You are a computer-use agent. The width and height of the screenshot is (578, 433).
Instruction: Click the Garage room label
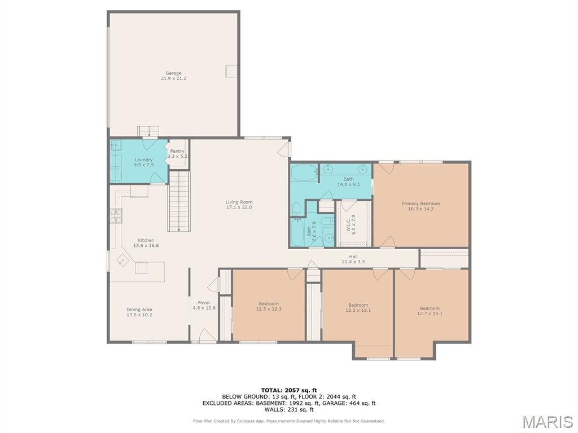pyautogui.click(x=173, y=73)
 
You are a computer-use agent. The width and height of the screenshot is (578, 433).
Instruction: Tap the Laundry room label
pyautogui.click(x=143, y=160)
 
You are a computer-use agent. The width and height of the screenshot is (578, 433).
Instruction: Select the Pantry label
pyautogui.click(x=177, y=151)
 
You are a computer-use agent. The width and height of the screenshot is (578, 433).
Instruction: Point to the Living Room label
pyautogui.click(x=239, y=202)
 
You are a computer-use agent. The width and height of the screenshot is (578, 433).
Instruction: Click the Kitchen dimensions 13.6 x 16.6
pyautogui.click(x=146, y=246)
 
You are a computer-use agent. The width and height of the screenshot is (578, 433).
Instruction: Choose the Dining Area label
pyautogui.click(x=139, y=310)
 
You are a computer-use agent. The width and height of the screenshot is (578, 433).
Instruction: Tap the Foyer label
pyautogui.click(x=204, y=303)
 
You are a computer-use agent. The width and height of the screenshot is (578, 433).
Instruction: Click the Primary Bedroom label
pyautogui.click(x=421, y=204)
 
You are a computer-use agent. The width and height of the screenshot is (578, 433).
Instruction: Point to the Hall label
pyautogui.click(x=353, y=257)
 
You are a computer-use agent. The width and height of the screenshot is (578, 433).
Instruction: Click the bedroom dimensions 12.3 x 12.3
pyautogui.click(x=269, y=309)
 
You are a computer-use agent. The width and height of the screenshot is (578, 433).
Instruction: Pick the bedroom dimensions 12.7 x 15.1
pyautogui.click(x=430, y=313)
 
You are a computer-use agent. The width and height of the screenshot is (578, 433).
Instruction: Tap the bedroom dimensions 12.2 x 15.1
pyautogui.click(x=358, y=311)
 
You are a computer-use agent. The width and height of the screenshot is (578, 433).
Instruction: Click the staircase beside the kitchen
pyautogui.click(x=179, y=201)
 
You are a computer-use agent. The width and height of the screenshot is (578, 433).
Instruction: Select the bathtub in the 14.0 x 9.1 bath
pyautogui.click(x=304, y=173)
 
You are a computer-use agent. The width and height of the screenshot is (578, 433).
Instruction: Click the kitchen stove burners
pyautogui.click(x=116, y=216)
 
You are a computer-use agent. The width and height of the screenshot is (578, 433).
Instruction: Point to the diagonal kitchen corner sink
pyautogui.click(x=122, y=260)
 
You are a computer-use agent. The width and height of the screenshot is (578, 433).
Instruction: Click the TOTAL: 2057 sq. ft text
pyautogui.click(x=289, y=390)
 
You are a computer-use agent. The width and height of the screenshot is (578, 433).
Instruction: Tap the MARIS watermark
pyautogui.click(x=548, y=422)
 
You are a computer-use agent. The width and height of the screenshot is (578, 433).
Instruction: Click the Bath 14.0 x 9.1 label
pyautogui.click(x=348, y=182)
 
